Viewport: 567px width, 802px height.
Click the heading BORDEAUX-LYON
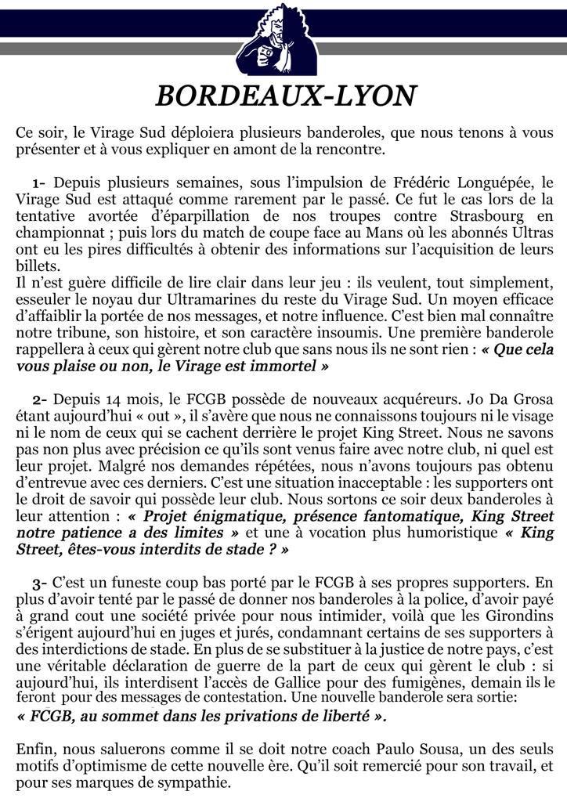(x=285, y=96)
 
